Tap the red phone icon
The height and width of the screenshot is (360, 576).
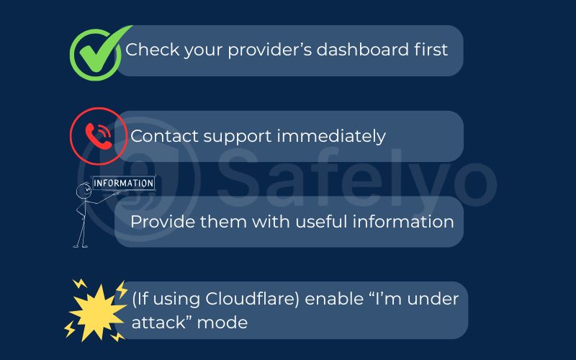[98, 135]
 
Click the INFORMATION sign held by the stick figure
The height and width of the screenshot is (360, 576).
[123, 183]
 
